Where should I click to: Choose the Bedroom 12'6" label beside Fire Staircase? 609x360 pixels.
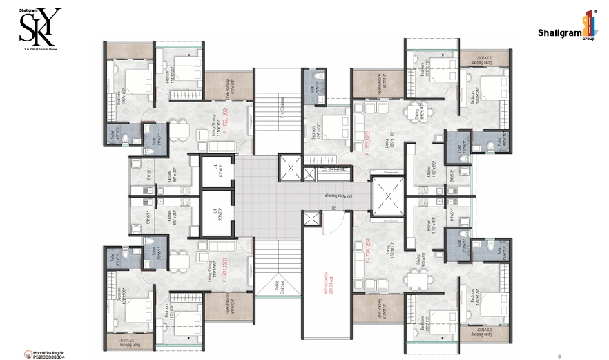click(x=316, y=129)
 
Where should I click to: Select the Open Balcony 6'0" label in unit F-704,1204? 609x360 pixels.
click(x=379, y=307)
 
